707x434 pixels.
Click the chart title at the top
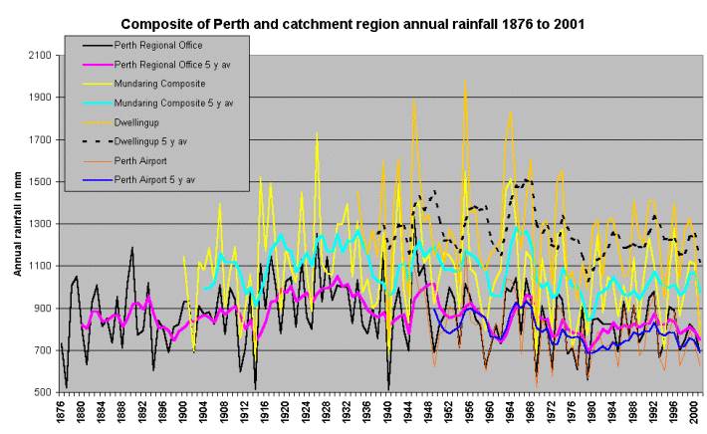[353, 21]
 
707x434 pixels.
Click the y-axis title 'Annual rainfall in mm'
[18, 224]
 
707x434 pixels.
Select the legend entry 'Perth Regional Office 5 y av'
[174, 63]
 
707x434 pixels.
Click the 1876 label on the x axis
[62, 413]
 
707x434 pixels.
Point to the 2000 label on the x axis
[688, 413]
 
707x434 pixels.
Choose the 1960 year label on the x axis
[486, 413]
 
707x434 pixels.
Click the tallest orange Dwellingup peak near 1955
[465, 82]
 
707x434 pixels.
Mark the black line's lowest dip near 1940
[387, 388]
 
